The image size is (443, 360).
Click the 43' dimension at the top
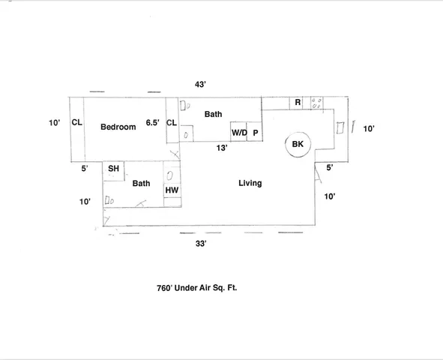(199, 85)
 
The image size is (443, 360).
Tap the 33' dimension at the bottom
(200, 243)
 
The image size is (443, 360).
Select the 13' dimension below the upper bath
(223, 148)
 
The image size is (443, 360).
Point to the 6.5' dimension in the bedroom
(152, 123)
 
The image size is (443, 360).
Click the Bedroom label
(118, 127)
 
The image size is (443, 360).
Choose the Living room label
(250, 183)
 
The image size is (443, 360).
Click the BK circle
(298, 144)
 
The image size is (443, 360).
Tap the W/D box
(239, 132)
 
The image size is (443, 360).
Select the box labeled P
(255, 132)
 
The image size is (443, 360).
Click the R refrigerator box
(298, 102)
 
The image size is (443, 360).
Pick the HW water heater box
(172, 190)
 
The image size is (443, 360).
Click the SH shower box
(113, 169)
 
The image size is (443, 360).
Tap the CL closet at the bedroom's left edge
(76, 123)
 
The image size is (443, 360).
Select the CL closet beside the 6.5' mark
(171, 123)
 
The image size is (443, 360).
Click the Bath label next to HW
(141, 183)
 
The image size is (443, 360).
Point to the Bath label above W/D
(214, 114)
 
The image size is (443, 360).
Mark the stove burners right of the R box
(316, 103)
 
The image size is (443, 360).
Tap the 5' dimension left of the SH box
(85, 169)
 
